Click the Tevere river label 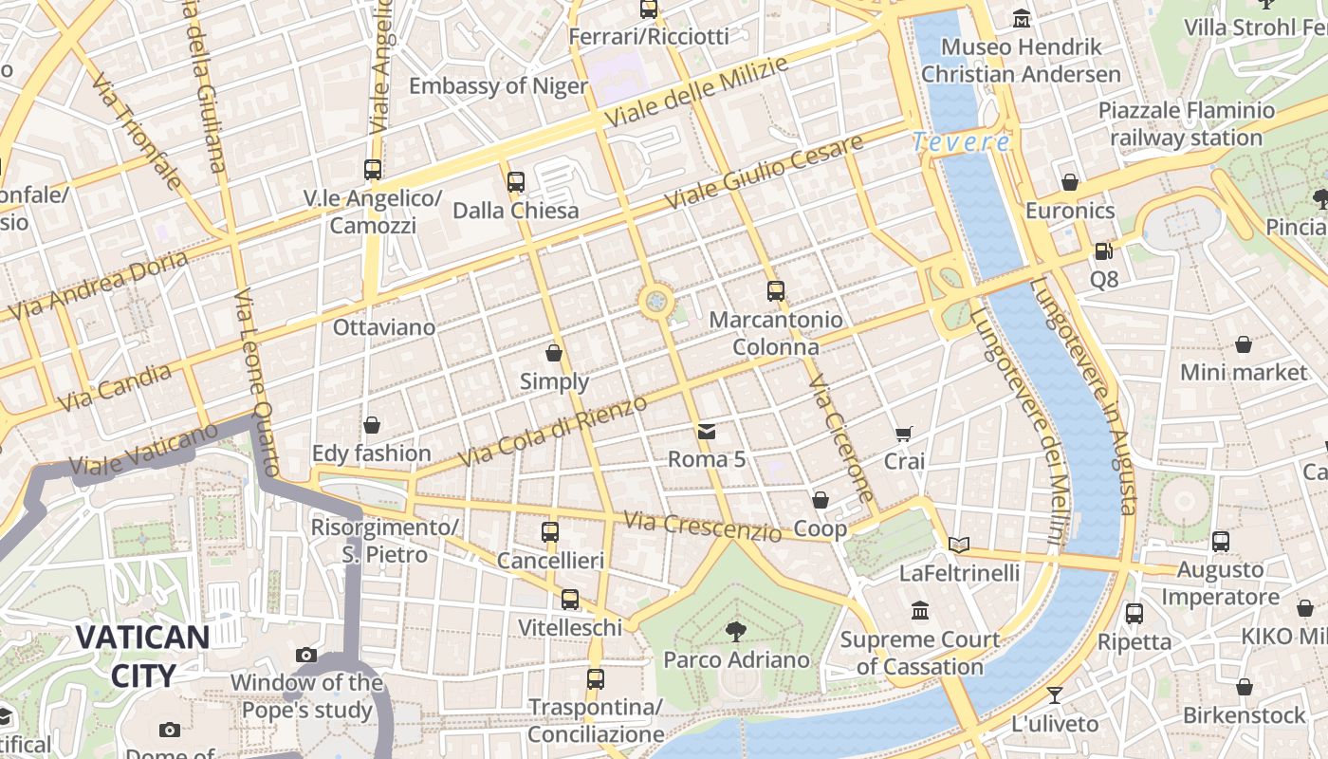961,142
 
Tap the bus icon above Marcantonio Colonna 776,291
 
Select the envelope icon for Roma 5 707,433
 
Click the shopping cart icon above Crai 904,434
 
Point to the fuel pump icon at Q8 1103,251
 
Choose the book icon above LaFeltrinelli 959,545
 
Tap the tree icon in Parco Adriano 735,631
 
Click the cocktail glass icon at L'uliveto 1054,695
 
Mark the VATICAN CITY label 142,655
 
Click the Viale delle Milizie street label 696,93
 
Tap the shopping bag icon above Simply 554,353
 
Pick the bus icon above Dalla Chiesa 515,181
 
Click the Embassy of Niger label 498,86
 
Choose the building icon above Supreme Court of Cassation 919,610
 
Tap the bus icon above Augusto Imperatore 1220,542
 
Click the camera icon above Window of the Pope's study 305,655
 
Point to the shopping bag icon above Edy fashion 372,424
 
